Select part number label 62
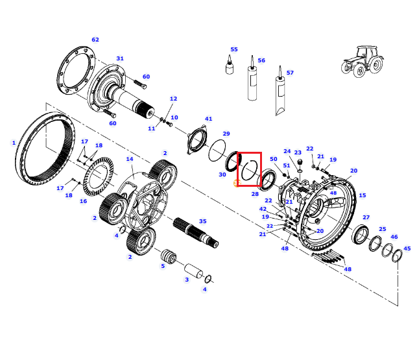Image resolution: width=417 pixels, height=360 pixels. pyautogui.click(x=95, y=40)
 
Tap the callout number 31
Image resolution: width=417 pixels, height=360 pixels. pyautogui.click(x=120, y=58)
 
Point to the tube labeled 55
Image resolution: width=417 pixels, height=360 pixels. pyautogui.click(x=230, y=65)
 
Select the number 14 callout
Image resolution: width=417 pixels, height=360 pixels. pyautogui.click(x=130, y=159)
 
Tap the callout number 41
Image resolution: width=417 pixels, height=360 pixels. pyautogui.click(x=209, y=119)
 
